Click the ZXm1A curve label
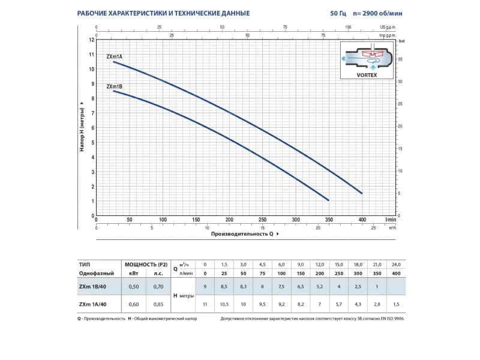[x=114, y=56]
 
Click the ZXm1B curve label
[x=114, y=86]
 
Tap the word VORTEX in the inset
[x=367, y=75]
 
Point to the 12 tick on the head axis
[x=92, y=40]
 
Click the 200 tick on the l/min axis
[x=229, y=220]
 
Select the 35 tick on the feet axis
[x=400, y=59]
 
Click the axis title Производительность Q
[x=242, y=234]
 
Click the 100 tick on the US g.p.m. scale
[x=348, y=27]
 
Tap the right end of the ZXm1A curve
[x=362, y=193]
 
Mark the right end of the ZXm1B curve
[x=328, y=200]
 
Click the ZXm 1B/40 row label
[x=92, y=287]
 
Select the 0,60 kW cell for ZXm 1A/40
[x=134, y=304]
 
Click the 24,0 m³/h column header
[x=396, y=265]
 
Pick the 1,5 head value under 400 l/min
[x=396, y=304]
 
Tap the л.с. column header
[x=158, y=274]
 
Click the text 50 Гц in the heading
[x=338, y=13]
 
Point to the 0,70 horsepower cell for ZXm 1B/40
[x=158, y=287]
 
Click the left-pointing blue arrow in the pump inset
[x=344, y=58]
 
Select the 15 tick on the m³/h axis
[x=263, y=228]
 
